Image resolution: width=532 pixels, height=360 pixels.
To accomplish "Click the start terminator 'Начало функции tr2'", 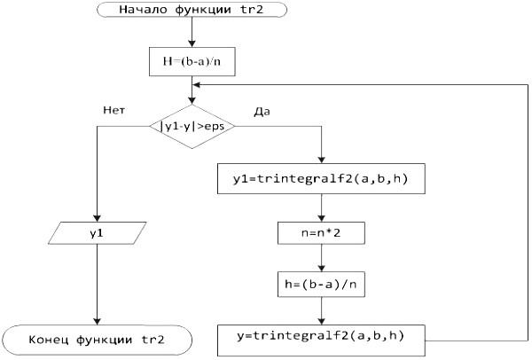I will pyautogui.click(x=190, y=10).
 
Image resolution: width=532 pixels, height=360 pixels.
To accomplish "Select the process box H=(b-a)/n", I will pyautogui.click(x=192, y=62).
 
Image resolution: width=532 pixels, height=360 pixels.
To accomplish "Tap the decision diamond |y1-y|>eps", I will pyautogui.click(x=192, y=126).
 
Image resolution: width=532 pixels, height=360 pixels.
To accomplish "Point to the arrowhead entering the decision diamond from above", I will pyautogui.click(x=192, y=101).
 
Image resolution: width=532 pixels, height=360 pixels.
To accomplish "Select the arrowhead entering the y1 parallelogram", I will pyautogui.click(x=97, y=219).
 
